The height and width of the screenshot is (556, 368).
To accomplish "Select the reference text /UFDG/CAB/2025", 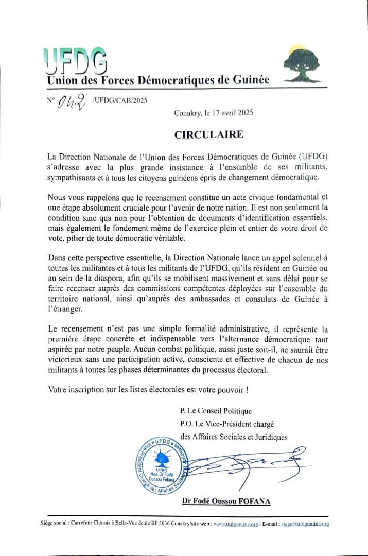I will tap(120, 100).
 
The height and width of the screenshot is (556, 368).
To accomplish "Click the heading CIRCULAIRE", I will tap(208, 135).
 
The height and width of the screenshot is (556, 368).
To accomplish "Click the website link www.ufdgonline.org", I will tap(236, 524).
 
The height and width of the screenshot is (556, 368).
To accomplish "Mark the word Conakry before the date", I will tap(189, 112).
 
